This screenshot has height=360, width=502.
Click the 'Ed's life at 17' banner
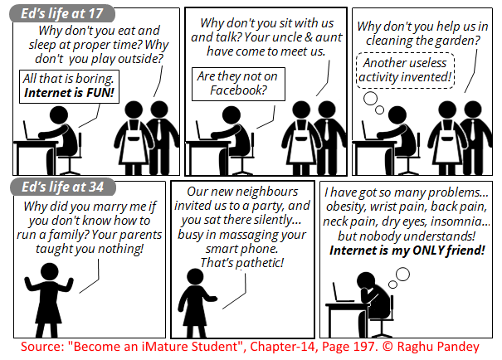point(62,13)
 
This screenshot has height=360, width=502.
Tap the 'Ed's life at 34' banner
point(63,187)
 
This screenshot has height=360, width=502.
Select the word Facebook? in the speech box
point(238,90)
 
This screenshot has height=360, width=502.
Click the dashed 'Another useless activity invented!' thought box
point(405,71)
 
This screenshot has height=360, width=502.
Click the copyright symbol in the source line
point(387,347)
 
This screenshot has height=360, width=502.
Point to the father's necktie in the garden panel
point(473,130)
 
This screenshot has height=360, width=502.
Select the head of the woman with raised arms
point(49,272)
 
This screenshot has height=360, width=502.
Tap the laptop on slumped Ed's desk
point(341,293)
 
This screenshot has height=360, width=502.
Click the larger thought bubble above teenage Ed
point(370,99)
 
